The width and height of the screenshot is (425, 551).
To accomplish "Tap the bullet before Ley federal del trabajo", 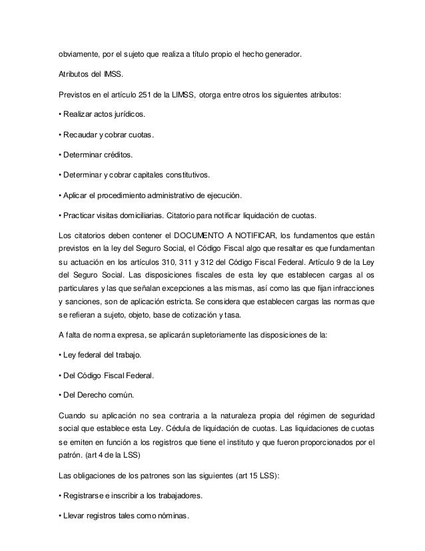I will [61, 354].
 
